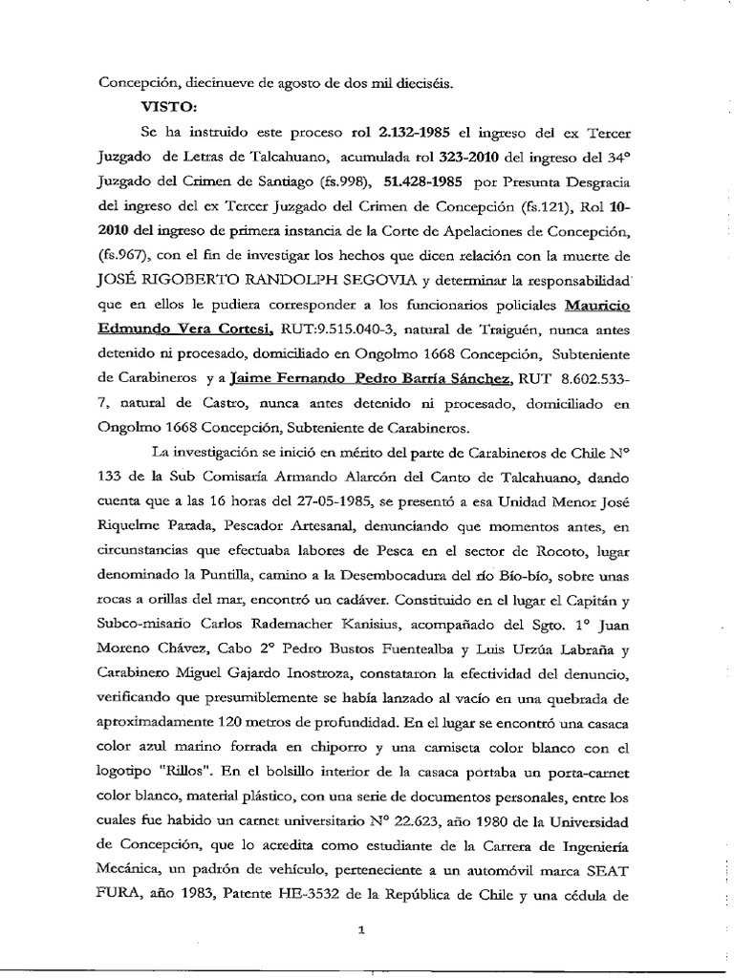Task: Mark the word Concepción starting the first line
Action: pyautogui.click(x=140, y=83)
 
